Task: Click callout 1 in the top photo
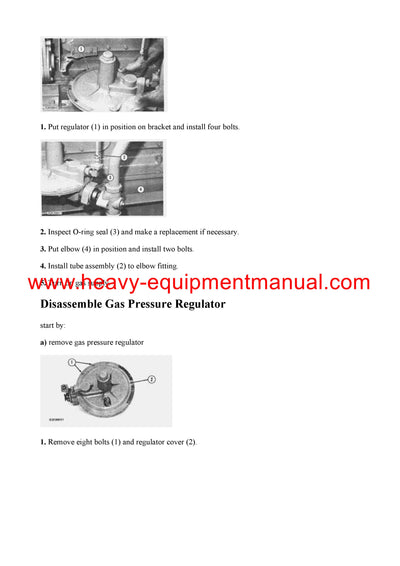(x=81, y=47)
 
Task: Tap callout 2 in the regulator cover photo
(x=150, y=379)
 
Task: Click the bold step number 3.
(x=43, y=249)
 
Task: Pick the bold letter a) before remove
(x=44, y=343)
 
